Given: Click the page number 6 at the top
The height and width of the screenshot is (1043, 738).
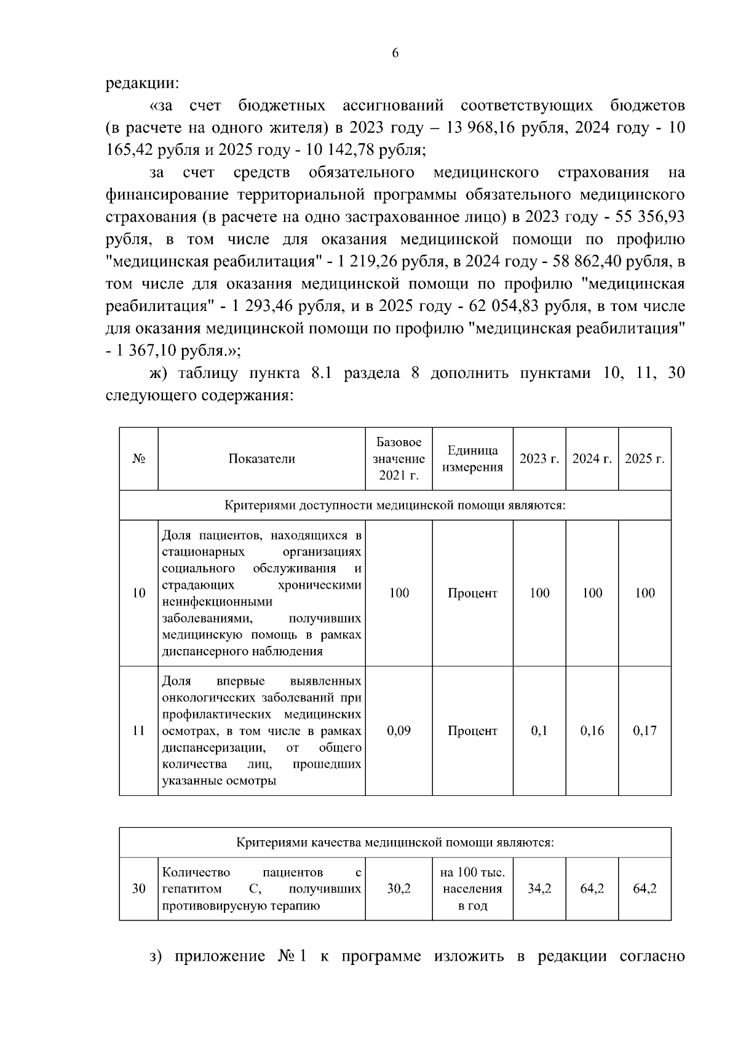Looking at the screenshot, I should click(x=395, y=53).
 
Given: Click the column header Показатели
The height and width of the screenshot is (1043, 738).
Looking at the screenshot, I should click(x=261, y=459).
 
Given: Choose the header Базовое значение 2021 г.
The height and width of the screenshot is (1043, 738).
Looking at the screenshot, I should click(x=399, y=459).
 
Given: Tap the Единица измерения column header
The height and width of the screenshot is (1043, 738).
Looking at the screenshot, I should click(x=472, y=459).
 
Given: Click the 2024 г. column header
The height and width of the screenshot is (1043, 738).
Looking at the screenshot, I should click(x=592, y=459).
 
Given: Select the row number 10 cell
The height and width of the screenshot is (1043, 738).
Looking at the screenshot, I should click(x=139, y=593).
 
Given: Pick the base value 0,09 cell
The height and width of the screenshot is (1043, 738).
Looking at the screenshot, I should click(x=399, y=731).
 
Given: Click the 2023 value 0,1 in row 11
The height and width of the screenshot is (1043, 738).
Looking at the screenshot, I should click(x=539, y=731).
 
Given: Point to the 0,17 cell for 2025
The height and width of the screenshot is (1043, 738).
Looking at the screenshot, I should click(x=645, y=731).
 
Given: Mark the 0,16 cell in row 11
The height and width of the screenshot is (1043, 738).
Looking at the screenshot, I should click(x=592, y=731).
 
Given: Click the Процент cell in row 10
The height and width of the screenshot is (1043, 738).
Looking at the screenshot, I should click(x=472, y=593).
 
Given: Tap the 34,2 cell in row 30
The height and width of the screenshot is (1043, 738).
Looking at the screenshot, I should click(x=539, y=889).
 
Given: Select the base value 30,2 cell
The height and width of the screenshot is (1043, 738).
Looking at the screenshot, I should click(x=399, y=889).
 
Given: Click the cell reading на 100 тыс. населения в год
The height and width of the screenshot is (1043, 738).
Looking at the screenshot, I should click(x=472, y=889).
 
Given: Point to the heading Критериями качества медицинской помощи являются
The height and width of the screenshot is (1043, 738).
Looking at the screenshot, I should click(x=395, y=843).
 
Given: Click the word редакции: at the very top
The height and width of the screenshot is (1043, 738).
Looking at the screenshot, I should click(x=142, y=83).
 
